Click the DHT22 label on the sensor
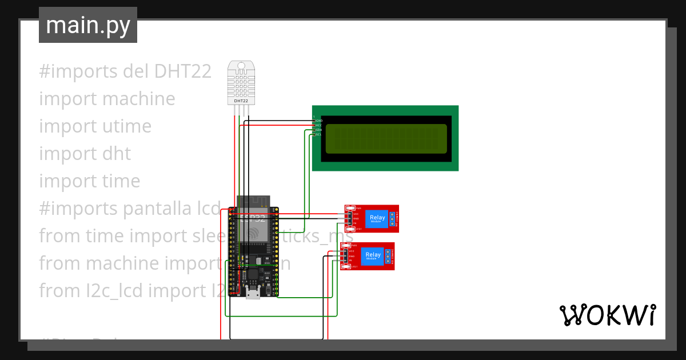click(241, 101)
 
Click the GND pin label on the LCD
click(319, 121)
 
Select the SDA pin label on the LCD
click(319, 130)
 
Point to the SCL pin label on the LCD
click(319, 134)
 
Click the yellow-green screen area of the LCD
click(386, 139)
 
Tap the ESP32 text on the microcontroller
click(253, 218)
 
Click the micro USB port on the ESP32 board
click(252, 294)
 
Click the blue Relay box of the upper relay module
click(377, 218)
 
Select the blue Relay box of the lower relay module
click(373, 255)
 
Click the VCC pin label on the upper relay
click(356, 214)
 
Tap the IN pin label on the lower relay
click(351, 260)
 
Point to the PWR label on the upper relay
click(358, 208)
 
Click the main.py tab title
click(88, 25)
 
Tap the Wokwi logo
click(607, 315)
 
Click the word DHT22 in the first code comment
click(182, 71)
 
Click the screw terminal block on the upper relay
click(393, 218)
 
